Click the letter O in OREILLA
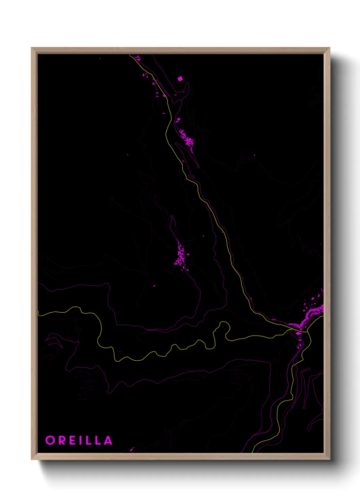[x=50, y=440]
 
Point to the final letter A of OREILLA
[x=108, y=440]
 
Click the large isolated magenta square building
[x=180, y=79]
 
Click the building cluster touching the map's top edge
[x=137, y=58]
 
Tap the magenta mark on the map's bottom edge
[x=132, y=450]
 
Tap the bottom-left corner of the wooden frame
[x=32, y=459]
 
